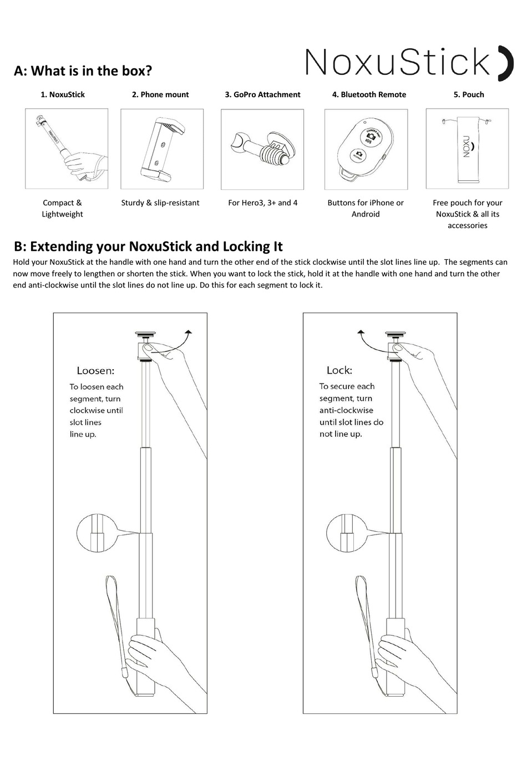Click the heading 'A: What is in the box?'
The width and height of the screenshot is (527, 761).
pos(83,71)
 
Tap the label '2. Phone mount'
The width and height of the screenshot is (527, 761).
pos(160,95)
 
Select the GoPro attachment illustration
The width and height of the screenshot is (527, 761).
pos(262,149)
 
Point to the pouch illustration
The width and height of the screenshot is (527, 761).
pos(467,148)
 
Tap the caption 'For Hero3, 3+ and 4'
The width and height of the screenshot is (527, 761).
pos(262,203)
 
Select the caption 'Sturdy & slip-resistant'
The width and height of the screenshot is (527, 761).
pos(160,203)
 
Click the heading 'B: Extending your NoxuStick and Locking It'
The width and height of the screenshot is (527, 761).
pos(148,246)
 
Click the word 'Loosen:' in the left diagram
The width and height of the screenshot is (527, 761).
pos(95,371)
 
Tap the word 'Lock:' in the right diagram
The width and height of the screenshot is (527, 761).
pos(339,370)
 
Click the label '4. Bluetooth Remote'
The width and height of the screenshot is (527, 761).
pos(369,95)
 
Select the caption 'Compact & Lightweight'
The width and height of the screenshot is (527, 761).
pos(62,209)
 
